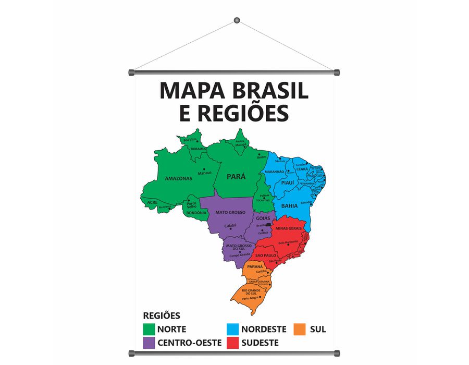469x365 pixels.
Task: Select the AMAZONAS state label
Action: coord(178,178)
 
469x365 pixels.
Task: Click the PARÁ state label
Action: coord(236,177)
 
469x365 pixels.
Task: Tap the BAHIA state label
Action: coord(289,206)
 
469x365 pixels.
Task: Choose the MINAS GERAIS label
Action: coord(289,228)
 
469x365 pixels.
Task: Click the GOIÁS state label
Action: coord(263,217)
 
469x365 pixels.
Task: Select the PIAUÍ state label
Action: coord(288,183)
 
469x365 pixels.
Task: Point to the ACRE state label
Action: coord(152,202)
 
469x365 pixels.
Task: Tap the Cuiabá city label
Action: coord(230,226)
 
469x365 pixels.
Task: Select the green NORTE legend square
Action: coord(149,329)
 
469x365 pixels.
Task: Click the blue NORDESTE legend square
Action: coord(233,329)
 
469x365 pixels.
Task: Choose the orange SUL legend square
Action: coord(299,329)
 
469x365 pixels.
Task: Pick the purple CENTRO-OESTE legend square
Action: coord(149,343)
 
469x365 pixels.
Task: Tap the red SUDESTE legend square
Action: coord(233,343)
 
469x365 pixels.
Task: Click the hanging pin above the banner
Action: coord(237,20)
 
